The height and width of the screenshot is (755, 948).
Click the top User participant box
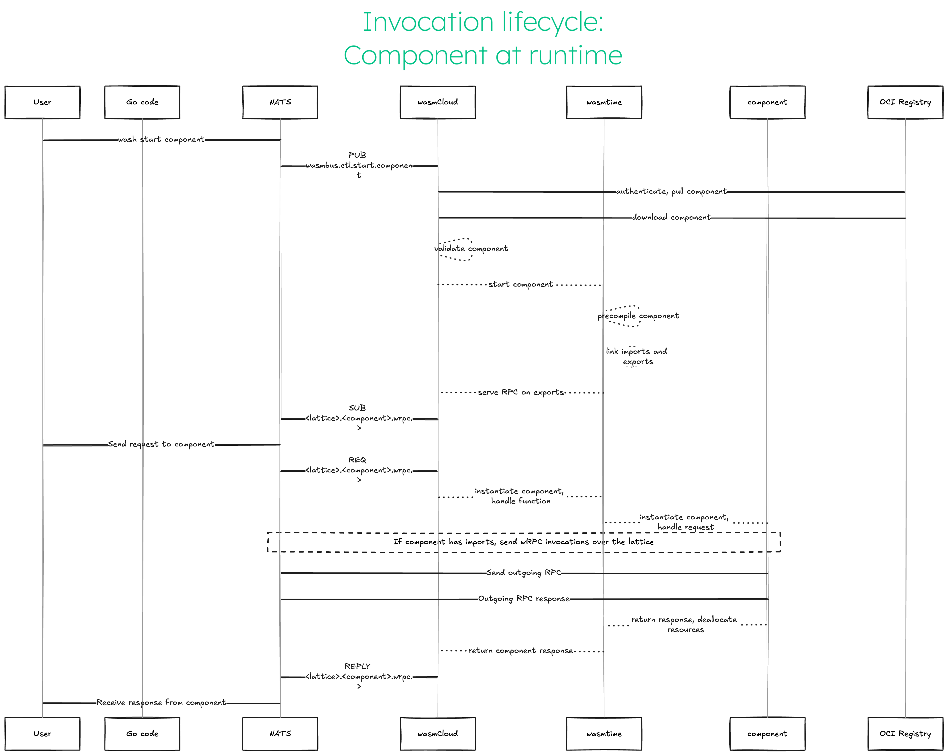pos(42,102)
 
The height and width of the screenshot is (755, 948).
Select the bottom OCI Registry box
pos(905,734)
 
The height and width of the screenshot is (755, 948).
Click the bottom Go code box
pos(142,734)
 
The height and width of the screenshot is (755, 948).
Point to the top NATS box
pos(280,102)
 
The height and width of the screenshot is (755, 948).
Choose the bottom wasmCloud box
pos(438,734)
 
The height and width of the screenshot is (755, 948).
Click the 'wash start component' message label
pos(161,139)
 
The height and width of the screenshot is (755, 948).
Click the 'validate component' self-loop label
pos(471,248)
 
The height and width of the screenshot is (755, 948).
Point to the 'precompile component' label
pos(638,316)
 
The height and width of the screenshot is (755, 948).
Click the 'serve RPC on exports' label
pos(521,392)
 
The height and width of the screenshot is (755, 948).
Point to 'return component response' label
pos(521,650)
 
